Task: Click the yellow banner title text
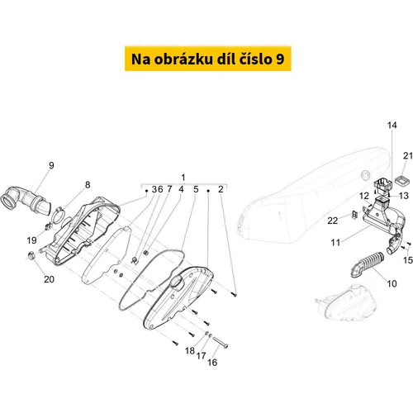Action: [x=208, y=59]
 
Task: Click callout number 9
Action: [x=51, y=165]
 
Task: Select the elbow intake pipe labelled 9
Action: [x=26, y=200]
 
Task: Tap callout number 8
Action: [x=88, y=185]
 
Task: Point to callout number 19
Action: [x=31, y=240]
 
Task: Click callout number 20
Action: [x=49, y=279]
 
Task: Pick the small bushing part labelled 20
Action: [x=32, y=255]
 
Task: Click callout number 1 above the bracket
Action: [x=183, y=178]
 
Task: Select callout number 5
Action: [x=196, y=189]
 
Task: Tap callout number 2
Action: [x=221, y=189]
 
